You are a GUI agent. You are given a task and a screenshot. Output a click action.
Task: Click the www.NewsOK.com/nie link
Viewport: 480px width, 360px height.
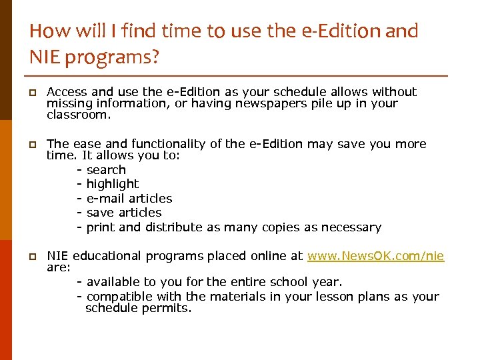[x=376, y=256]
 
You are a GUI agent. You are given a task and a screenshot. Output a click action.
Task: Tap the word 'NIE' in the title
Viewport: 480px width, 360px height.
[x=43, y=58]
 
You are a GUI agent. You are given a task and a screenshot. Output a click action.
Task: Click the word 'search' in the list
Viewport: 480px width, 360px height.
[x=106, y=170]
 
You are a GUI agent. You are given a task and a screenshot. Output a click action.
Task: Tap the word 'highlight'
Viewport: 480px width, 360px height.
[x=113, y=184]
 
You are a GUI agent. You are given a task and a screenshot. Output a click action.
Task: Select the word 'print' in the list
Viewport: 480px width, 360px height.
[x=101, y=227]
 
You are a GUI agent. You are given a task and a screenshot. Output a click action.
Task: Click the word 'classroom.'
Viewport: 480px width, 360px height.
[x=78, y=115]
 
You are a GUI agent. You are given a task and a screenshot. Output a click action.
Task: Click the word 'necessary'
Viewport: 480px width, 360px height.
[x=351, y=227]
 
